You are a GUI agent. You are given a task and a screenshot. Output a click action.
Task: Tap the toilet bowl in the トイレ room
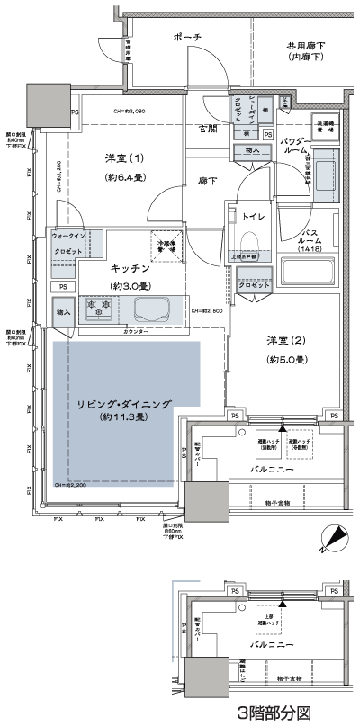click(248, 238)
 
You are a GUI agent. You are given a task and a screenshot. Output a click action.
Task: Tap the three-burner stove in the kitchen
click(97, 309)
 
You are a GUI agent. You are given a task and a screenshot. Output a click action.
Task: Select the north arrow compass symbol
click(335, 537)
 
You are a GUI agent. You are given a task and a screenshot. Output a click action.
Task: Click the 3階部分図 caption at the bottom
click(274, 713)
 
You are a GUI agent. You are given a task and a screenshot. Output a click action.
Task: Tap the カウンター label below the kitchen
click(135, 332)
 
